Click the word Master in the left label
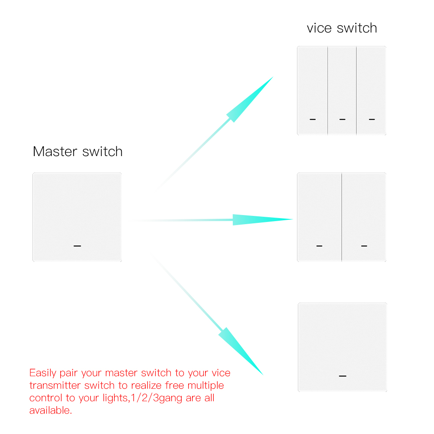click(x=55, y=152)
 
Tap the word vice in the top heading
click(x=319, y=28)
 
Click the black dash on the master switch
click(x=77, y=246)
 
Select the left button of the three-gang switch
click(x=313, y=91)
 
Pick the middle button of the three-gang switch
click(x=342, y=91)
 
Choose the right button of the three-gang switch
click(x=371, y=91)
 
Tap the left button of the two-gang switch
click(x=320, y=217)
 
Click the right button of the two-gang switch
click(x=364, y=217)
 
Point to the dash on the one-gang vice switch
click(x=343, y=376)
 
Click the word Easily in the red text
click(x=43, y=373)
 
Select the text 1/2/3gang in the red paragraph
click(x=157, y=398)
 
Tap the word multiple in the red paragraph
click(x=206, y=385)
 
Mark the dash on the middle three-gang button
click(x=343, y=119)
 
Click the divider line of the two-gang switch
click(x=342, y=217)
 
